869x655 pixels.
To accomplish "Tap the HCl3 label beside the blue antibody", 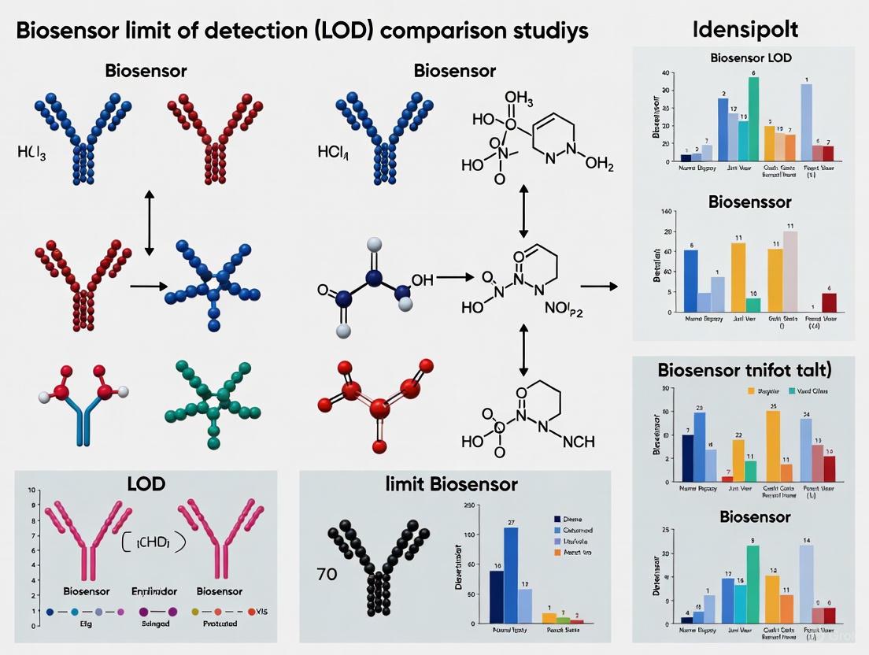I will click(31, 152).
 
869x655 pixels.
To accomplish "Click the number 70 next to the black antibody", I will click(326, 574).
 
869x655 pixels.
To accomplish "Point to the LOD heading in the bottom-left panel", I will click(146, 483).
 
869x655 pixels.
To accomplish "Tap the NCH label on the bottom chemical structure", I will click(579, 442).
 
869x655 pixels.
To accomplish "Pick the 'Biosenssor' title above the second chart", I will click(749, 202).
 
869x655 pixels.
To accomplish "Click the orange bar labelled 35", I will click(773, 446).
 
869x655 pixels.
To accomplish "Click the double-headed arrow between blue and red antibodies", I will click(150, 223).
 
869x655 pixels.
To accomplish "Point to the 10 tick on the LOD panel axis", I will click(33, 490).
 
